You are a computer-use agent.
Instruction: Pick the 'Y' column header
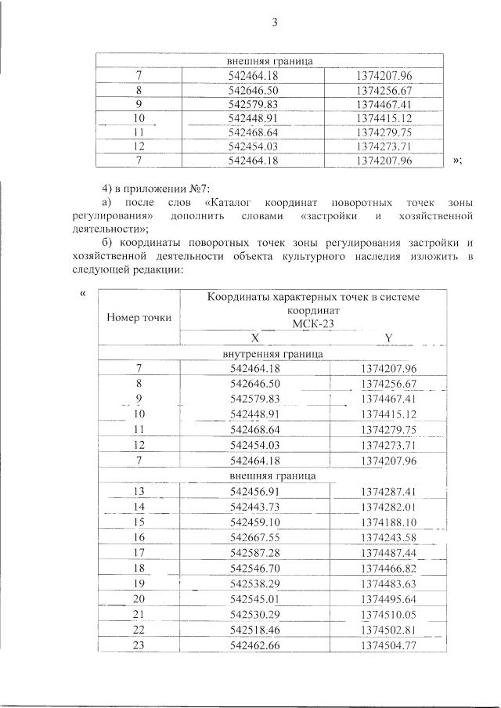pyautogui.click(x=388, y=338)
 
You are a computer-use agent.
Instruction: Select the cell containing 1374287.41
pyautogui.click(x=388, y=492)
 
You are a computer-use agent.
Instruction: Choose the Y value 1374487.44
pyautogui.click(x=388, y=553)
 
